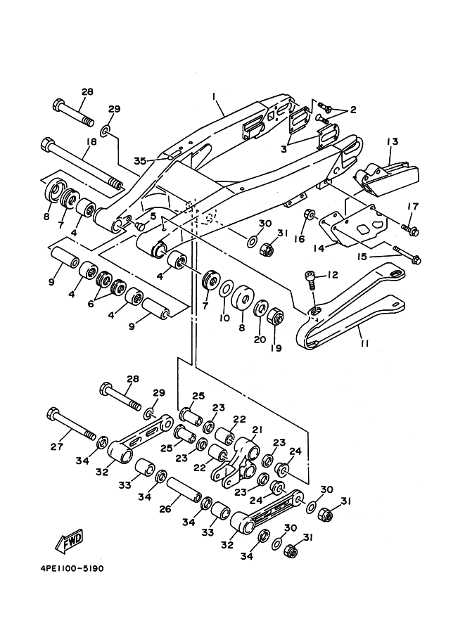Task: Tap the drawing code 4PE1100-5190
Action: pyautogui.click(x=72, y=569)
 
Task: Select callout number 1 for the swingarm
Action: pyautogui.click(x=214, y=96)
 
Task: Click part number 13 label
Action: pyautogui.click(x=392, y=141)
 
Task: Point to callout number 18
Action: pyautogui.click(x=91, y=141)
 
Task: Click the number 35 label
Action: pyautogui.click(x=140, y=161)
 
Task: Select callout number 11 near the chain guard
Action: pyautogui.click(x=364, y=343)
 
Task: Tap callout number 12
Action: pyautogui.click(x=332, y=275)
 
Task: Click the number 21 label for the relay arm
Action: pyautogui.click(x=257, y=430)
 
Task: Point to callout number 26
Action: pyautogui.click(x=165, y=509)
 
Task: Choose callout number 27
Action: pyautogui.click(x=56, y=447)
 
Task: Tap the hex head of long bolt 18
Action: pyautogui.click(x=46, y=145)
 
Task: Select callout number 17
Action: pyautogui.click(x=412, y=206)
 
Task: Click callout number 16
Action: pyautogui.click(x=300, y=238)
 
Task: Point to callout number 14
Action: pyautogui.click(x=319, y=248)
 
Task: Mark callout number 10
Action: pyautogui.click(x=224, y=318)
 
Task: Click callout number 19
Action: pyautogui.click(x=276, y=348)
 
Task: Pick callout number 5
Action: pyautogui.click(x=153, y=216)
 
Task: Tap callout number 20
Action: pyautogui.click(x=260, y=340)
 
